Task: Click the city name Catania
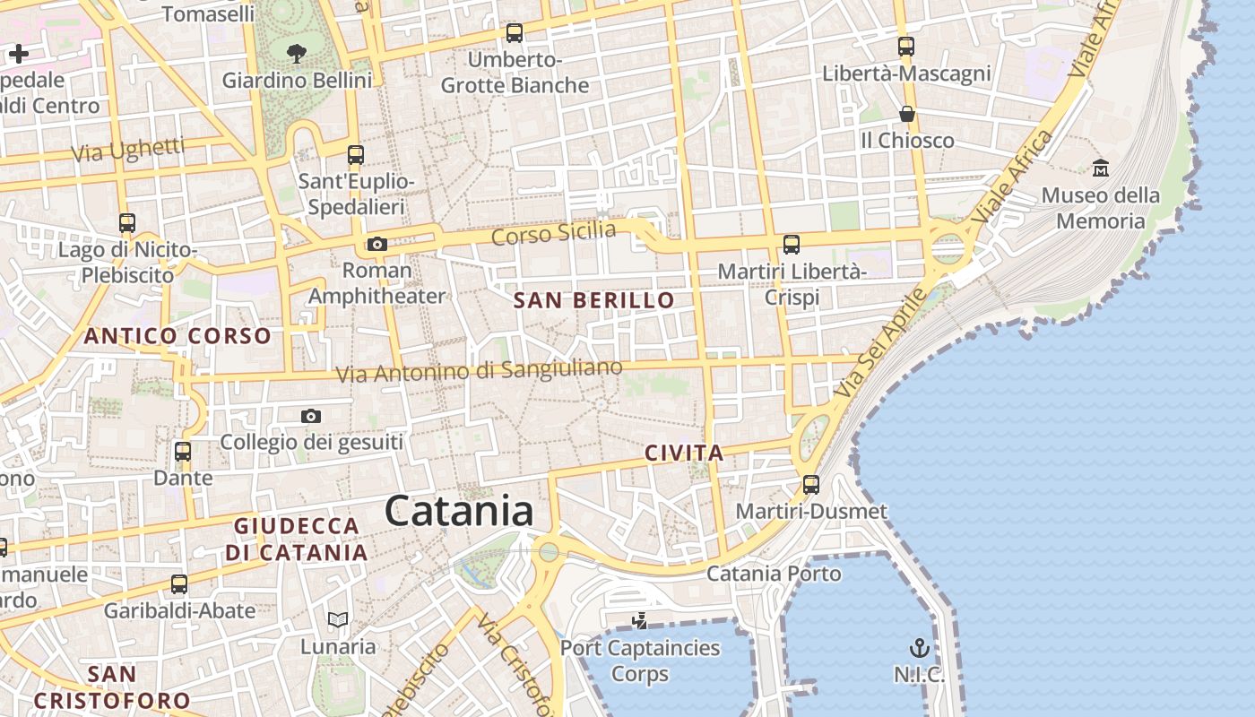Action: pyautogui.click(x=459, y=511)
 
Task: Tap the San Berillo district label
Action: pyautogui.click(x=593, y=300)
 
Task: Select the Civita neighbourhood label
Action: pyautogui.click(x=684, y=454)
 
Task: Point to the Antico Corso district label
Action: pyautogui.click(x=177, y=336)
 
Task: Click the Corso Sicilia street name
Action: pyautogui.click(x=554, y=233)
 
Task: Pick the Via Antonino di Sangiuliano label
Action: pyautogui.click(x=479, y=370)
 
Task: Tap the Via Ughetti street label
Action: pyautogui.click(x=127, y=150)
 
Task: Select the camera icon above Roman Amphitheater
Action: pyautogui.click(x=377, y=244)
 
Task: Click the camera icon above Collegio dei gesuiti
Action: pyautogui.click(x=311, y=416)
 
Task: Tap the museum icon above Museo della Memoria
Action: pyautogui.click(x=1101, y=168)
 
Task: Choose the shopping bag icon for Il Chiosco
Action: pyautogui.click(x=907, y=114)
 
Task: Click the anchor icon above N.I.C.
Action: pyautogui.click(x=919, y=647)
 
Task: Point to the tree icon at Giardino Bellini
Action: pyautogui.click(x=297, y=53)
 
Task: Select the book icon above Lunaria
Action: pyautogui.click(x=338, y=619)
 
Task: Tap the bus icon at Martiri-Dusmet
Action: pyautogui.click(x=811, y=485)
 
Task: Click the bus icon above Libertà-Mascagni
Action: pyautogui.click(x=906, y=47)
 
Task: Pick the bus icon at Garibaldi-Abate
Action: pyautogui.click(x=179, y=584)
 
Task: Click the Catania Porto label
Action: pyautogui.click(x=774, y=574)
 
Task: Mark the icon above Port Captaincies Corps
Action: pyautogui.click(x=639, y=620)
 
